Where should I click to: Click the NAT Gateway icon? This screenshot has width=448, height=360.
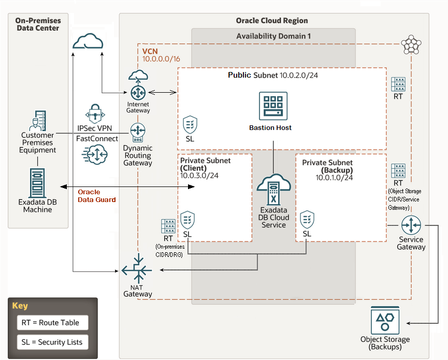pos(137,270)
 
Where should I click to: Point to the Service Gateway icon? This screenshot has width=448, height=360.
pos(411,225)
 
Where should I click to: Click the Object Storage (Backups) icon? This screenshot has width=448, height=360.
pos(385,321)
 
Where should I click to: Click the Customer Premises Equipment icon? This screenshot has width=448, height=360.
pos(37,120)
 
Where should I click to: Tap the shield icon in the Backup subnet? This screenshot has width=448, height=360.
pos(307,219)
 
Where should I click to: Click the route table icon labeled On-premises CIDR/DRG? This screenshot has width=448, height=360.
pos(168,226)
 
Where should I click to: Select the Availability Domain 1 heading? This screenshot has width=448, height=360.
pos(273,36)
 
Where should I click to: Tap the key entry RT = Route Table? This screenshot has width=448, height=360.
pos(50,323)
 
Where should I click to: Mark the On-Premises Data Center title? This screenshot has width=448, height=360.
pos(38,24)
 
